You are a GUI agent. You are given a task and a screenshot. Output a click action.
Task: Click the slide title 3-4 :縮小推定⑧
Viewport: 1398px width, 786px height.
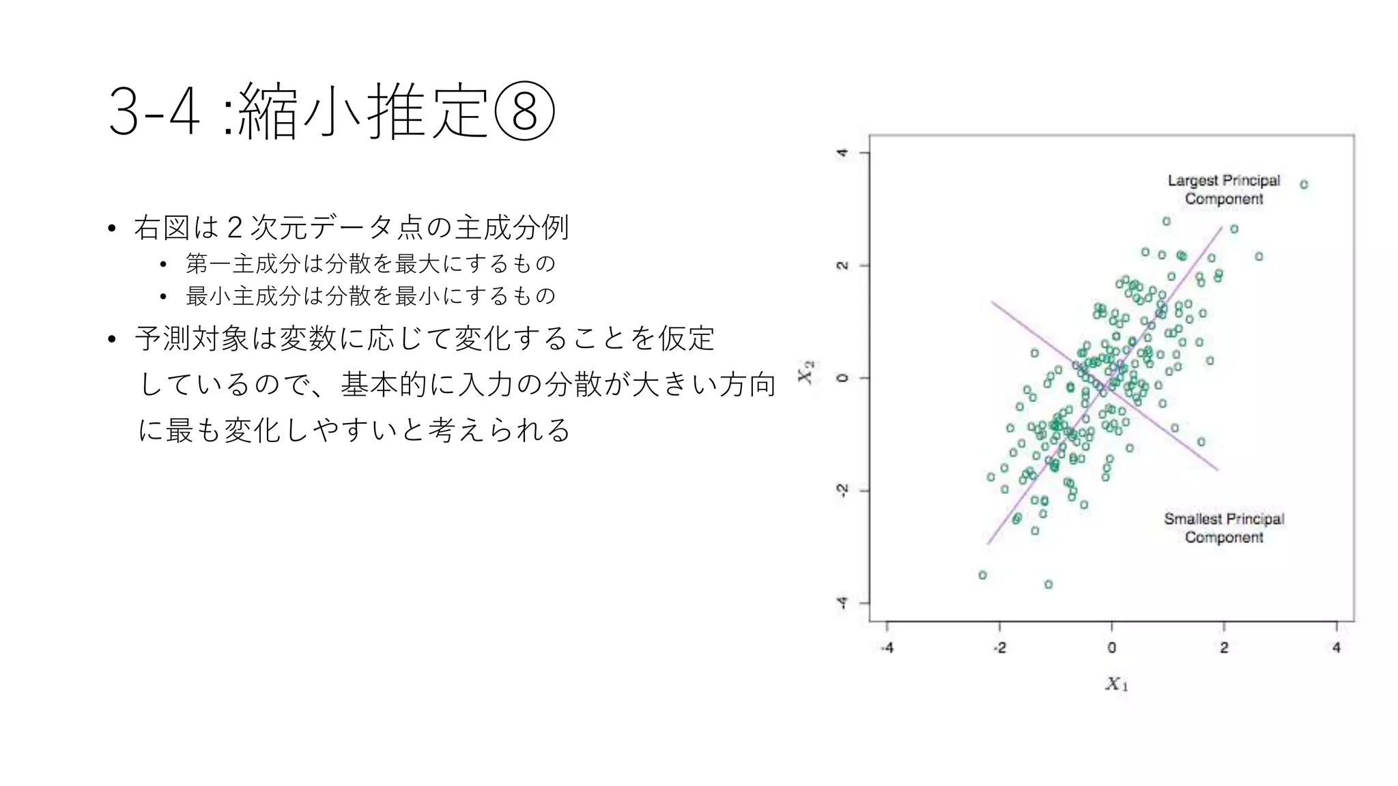(331, 111)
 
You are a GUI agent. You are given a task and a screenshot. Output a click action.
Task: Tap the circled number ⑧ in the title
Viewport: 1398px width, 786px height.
(524, 111)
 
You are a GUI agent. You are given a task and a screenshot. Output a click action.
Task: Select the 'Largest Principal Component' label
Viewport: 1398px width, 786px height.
(1223, 190)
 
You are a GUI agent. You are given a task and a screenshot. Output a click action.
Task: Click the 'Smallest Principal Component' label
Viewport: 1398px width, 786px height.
(1223, 528)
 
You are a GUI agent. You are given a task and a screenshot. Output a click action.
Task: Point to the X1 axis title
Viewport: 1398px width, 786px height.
(1117, 684)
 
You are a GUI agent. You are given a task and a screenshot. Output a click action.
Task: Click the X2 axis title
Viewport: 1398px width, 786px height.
(806, 373)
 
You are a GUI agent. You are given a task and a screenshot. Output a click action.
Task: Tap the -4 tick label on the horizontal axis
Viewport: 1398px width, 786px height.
(887, 647)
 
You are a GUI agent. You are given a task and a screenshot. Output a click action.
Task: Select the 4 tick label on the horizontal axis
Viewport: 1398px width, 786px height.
(1336, 647)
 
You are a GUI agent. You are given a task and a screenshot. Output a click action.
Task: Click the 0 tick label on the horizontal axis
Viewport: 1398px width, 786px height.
(1111, 647)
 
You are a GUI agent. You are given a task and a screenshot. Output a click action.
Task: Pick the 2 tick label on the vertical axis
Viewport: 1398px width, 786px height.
(843, 265)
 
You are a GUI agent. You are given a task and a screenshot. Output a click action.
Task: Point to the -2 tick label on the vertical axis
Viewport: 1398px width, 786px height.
(843, 491)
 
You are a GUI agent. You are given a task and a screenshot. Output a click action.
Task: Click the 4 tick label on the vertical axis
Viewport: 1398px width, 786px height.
(843, 153)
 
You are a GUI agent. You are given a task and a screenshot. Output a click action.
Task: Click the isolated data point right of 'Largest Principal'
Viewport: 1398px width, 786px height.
(1304, 184)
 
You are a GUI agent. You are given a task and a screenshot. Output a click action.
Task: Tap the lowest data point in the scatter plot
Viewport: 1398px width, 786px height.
(1048, 584)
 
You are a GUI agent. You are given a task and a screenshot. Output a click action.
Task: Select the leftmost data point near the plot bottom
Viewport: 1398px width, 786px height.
(982, 575)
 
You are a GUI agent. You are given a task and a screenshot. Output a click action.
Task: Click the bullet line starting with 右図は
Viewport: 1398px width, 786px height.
(351, 227)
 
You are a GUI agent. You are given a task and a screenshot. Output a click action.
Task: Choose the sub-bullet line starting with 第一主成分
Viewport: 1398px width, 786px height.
(371, 263)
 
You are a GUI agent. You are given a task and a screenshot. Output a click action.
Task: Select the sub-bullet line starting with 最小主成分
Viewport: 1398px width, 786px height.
(371, 295)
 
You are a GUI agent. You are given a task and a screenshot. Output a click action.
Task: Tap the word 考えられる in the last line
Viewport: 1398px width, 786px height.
(499, 430)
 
